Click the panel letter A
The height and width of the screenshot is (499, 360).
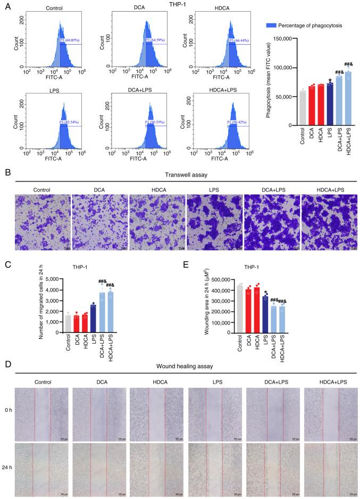coord(5,5)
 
